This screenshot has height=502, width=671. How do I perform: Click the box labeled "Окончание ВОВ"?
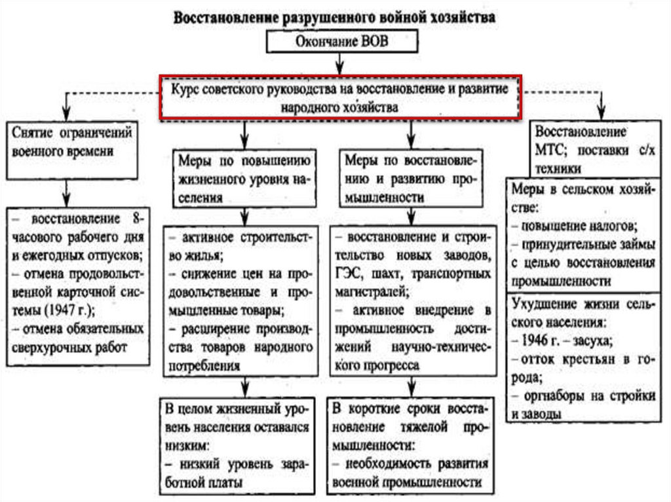[x=341, y=43]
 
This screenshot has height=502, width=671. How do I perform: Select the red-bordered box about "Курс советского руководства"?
[x=341, y=97]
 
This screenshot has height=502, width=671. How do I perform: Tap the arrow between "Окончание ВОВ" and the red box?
[x=339, y=63]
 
